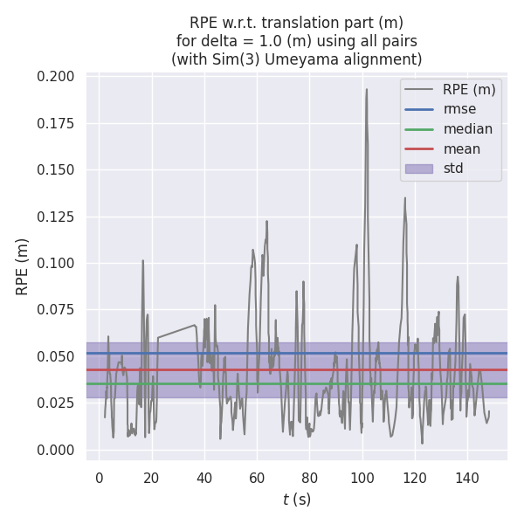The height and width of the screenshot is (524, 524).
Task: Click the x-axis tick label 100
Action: click(362, 478)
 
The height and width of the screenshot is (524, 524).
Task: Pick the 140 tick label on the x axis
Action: click(467, 478)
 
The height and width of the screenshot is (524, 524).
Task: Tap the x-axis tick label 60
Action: click(257, 478)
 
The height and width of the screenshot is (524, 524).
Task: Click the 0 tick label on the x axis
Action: click(99, 478)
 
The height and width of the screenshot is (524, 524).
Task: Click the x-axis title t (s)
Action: click(296, 500)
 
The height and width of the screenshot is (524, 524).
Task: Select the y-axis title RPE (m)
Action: click(23, 266)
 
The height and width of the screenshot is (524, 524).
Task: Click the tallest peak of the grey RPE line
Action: click(366, 89)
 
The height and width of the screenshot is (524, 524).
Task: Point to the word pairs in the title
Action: click(398, 41)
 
